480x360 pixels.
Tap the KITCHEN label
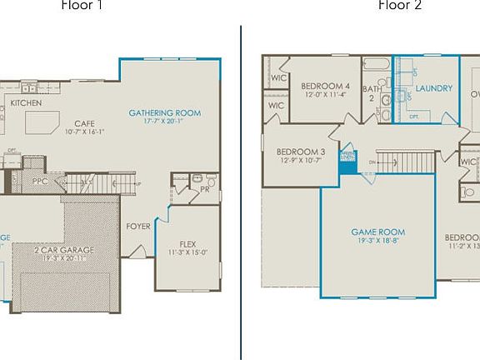point(26,102)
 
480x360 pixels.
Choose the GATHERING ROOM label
point(164,113)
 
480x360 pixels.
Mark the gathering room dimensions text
point(164,122)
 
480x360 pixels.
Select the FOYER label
point(137,226)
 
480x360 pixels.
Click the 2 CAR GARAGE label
point(64,249)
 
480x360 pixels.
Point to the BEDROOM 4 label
point(325,86)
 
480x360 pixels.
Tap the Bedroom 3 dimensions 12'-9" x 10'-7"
point(299,161)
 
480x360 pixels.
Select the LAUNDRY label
point(433,88)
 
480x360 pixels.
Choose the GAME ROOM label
point(377,232)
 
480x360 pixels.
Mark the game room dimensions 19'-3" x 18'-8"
point(377,242)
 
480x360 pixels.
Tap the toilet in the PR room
point(210,181)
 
